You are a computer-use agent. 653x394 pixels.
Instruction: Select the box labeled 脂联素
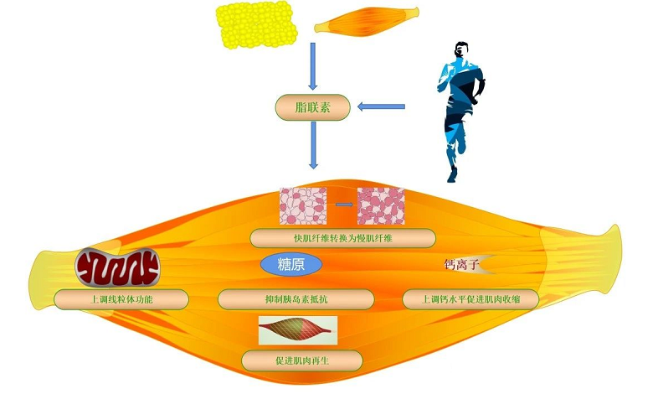pos(311,106)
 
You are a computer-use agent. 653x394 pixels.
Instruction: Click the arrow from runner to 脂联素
pos(382,106)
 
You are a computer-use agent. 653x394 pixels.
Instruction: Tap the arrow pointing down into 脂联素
pos(312,66)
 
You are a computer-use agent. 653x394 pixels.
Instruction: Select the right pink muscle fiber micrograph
pos(381,206)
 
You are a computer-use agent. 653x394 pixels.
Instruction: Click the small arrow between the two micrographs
pos(342,204)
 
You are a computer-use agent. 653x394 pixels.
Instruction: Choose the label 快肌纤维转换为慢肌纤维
pos(342,238)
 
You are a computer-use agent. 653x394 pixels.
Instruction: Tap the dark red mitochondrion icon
pos(117,267)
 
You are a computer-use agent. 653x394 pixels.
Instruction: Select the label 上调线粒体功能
pos(121,298)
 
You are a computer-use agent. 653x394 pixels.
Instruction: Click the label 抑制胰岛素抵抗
pos(296,298)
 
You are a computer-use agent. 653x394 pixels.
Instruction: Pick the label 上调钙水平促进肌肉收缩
pos(469,298)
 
